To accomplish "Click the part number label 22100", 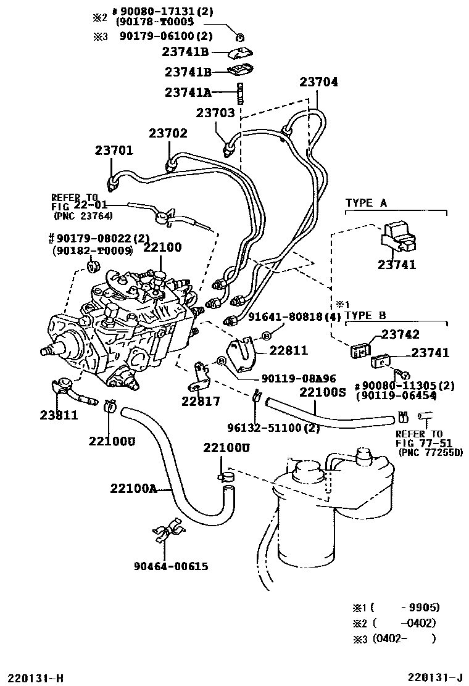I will tap(162, 247).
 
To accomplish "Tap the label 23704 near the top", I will tap(319, 82).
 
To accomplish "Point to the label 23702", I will tap(168, 133).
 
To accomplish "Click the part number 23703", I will tap(215, 113).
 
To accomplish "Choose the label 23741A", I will tap(188, 93).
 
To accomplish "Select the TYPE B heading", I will tap(365, 315).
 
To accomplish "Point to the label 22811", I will tap(288, 350).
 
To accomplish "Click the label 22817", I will tap(201, 402).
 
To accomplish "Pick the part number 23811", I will tap(58, 415).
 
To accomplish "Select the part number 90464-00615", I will tap(171, 566).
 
